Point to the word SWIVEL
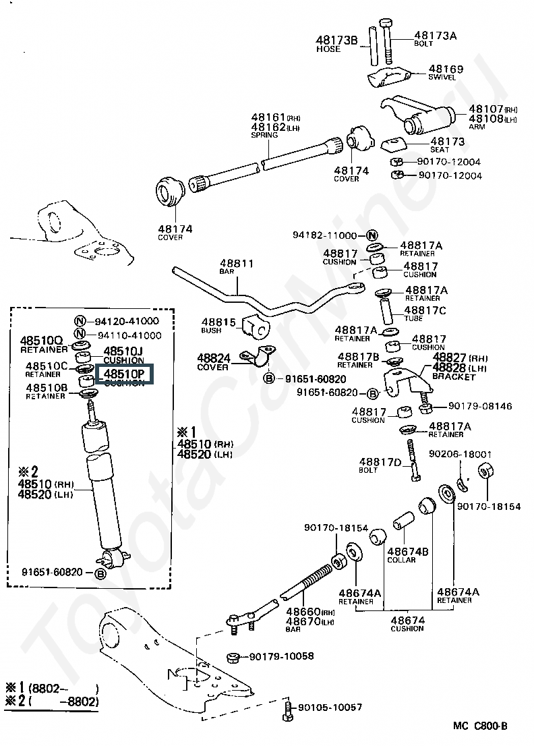[442, 78]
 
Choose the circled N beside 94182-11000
[372, 235]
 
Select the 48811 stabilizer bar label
[237, 264]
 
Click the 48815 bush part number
[218, 323]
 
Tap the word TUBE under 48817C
[414, 318]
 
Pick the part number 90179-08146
[471, 406]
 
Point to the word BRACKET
[454, 377]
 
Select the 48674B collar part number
[409, 552]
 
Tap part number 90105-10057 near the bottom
[330, 708]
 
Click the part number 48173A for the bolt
[435, 35]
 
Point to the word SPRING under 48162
[264, 135]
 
